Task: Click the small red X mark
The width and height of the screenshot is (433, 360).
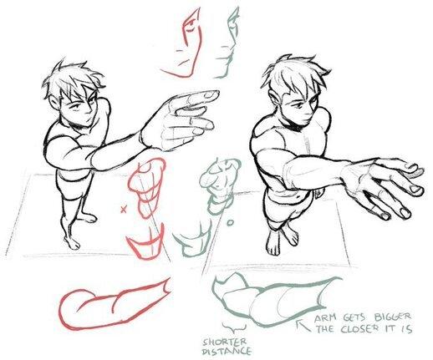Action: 123,210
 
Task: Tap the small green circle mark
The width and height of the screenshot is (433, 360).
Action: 230,223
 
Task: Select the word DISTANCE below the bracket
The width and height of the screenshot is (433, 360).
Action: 227,352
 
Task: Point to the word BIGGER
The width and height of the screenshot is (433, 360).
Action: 392,317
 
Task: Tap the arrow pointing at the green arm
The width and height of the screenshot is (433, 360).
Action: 303,326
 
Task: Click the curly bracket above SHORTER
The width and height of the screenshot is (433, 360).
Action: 234,327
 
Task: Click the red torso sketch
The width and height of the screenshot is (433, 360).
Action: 146,187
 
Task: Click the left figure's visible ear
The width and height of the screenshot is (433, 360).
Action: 55,103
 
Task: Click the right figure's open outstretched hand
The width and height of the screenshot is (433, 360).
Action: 385,185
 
